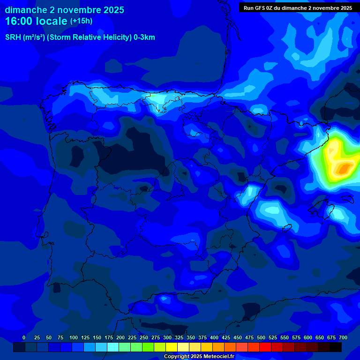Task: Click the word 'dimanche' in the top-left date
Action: pyautogui.click(x=22, y=10)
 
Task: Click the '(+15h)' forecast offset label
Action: pyautogui.click(x=82, y=21)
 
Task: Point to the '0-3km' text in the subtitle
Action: pyautogui.click(x=144, y=37)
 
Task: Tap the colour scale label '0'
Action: pyautogui.click(x=24, y=337)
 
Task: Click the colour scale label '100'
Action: pyautogui.click(x=74, y=337)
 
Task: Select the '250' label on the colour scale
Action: pyautogui.click(x=144, y=337)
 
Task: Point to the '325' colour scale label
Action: pyautogui.click(x=179, y=337)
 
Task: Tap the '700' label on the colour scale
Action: pyautogui.click(x=343, y=337)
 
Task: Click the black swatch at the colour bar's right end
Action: pyautogui.click(x=336, y=347)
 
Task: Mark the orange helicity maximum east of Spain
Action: pyautogui.click(x=345, y=167)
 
